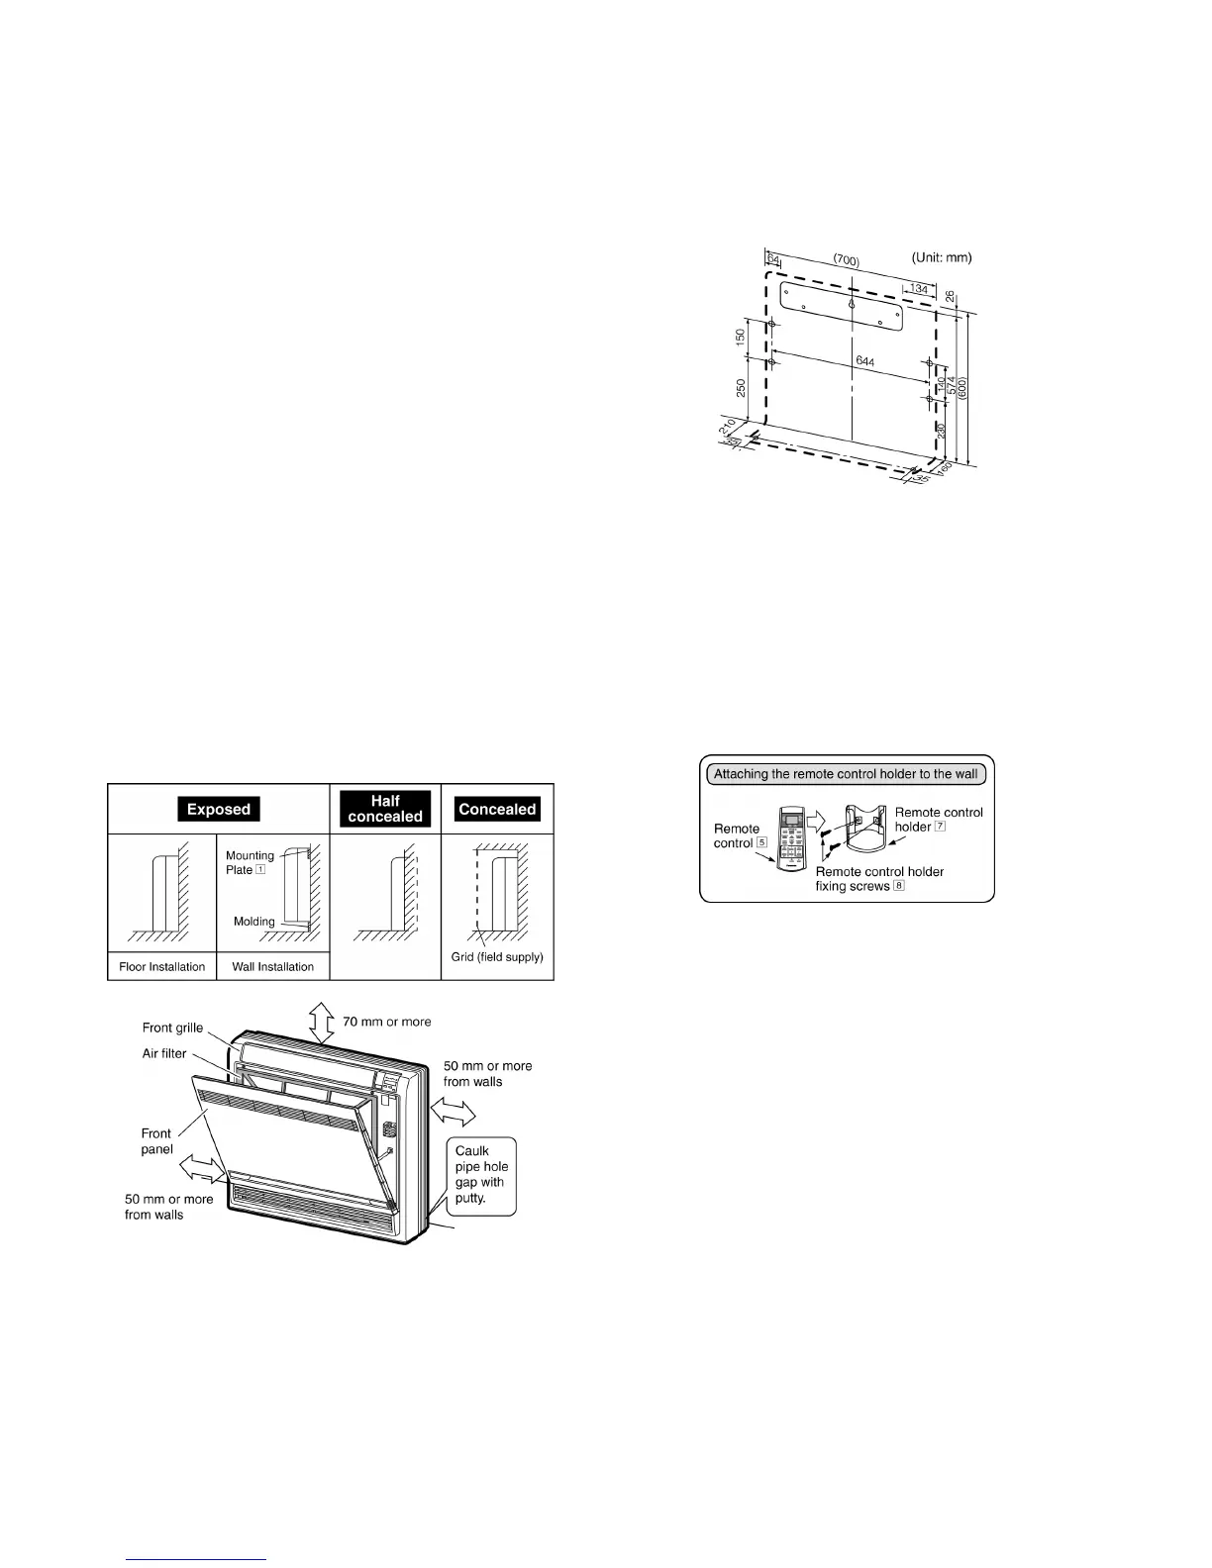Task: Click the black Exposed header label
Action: click(x=219, y=809)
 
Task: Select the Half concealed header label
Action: click(x=385, y=809)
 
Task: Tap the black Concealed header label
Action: click(x=497, y=809)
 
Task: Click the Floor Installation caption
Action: click(x=162, y=966)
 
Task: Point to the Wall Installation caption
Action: click(x=272, y=966)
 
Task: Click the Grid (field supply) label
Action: click(x=497, y=957)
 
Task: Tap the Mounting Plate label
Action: click(x=249, y=862)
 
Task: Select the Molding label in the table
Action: click(x=253, y=922)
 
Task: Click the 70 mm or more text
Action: click(x=387, y=1022)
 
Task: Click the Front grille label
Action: click(x=172, y=1028)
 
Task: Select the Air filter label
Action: click(x=164, y=1053)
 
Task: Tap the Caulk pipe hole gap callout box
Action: click(x=481, y=1174)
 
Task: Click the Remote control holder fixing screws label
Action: click(x=879, y=879)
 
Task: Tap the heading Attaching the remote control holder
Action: click(x=846, y=774)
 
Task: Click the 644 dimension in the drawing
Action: click(x=864, y=363)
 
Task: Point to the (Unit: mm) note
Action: click(x=942, y=257)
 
